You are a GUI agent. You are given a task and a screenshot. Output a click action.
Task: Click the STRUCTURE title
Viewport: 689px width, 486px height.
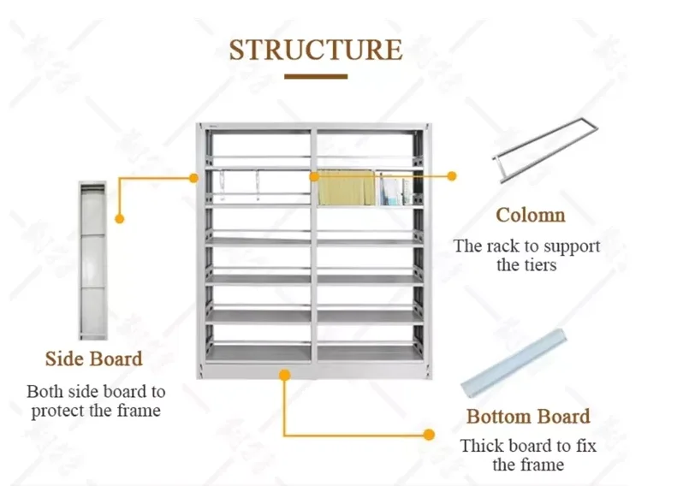point(315,49)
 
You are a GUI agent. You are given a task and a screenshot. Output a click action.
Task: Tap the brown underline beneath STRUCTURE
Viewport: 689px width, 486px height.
point(316,77)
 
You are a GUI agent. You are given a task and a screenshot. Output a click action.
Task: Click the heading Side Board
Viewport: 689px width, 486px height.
point(94,359)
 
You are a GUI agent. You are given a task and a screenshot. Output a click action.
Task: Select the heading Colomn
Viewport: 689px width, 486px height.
point(531,215)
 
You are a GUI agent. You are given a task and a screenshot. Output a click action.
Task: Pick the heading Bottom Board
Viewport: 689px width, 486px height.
point(528,417)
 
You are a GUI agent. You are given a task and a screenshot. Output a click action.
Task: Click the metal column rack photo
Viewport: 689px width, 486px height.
point(545,151)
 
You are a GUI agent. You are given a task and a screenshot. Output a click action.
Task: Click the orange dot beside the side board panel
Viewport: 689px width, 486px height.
point(120,219)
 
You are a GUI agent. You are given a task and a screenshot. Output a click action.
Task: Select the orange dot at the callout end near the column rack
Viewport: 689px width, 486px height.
point(452,176)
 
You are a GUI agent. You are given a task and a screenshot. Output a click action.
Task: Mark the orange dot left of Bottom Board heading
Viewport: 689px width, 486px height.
point(429,435)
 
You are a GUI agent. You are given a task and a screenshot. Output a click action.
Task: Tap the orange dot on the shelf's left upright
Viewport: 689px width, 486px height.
point(193,177)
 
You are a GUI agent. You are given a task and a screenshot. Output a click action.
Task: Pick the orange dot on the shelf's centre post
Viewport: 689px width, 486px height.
point(314,176)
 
